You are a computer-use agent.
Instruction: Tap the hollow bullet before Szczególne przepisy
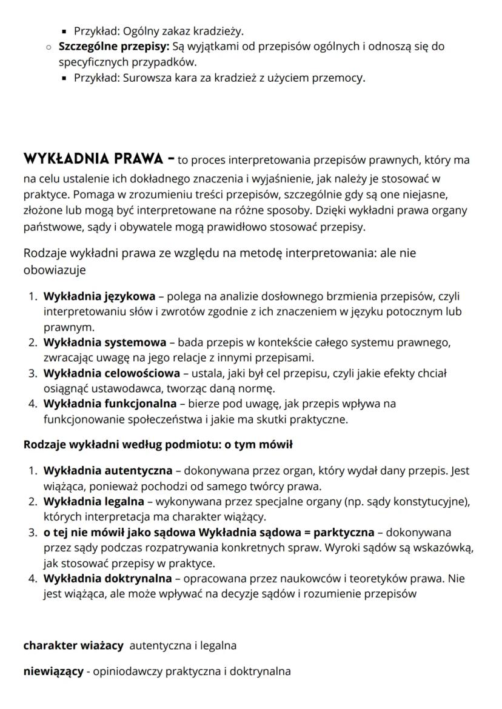point(48,47)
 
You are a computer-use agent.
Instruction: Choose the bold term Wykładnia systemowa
point(104,343)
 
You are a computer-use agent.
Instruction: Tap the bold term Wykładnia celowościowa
point(112,373)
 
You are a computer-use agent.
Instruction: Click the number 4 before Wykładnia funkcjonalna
point(32,403)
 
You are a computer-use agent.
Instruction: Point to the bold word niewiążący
point(53,671)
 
